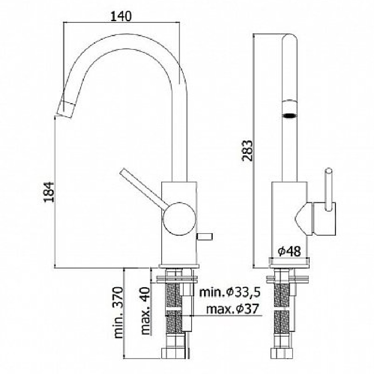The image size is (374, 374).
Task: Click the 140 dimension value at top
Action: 121,16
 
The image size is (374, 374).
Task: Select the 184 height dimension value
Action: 49,192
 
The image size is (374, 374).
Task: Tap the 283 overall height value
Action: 247,150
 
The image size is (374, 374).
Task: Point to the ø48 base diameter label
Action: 290,251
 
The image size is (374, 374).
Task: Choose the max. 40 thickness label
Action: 145,310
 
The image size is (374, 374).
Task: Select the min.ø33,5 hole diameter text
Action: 230,292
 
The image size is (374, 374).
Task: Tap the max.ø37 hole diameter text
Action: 233,309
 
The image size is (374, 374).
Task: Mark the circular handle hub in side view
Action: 179,219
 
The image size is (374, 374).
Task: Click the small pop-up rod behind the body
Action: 204,236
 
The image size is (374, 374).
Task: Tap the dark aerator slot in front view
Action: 290,116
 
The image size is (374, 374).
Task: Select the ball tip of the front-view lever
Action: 329,171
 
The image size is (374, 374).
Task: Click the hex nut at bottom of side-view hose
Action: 175,353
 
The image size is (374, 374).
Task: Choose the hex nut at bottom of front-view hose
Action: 282,353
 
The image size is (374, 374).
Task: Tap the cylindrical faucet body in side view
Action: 179,224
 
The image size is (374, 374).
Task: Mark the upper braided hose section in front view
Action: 282,295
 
